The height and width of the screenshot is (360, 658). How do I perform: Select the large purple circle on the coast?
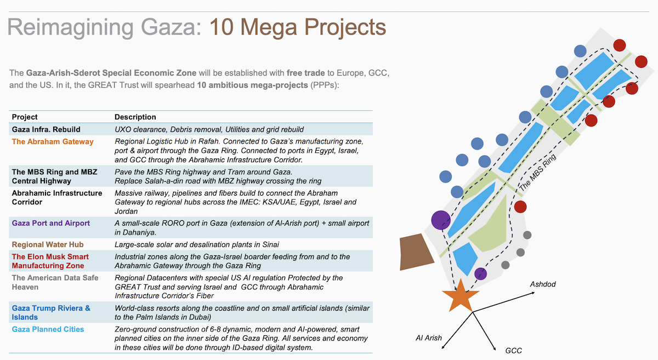pyautogui.click(x=440, y=220)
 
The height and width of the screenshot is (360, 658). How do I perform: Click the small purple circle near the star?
pyautogui.click(x=480, y=273)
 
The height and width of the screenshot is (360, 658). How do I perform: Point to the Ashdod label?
pyautogui.click(x=542, y=285)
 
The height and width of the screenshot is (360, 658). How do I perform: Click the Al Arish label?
pyautogui.click(x=428, y=338)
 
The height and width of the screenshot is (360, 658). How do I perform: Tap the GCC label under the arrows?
pyautogui.click(x=513, y=350)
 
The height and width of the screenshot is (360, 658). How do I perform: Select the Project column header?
pyautogui.click(x=25, y=117)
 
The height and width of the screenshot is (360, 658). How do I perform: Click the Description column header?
pyautogui.click(x=135, y=117)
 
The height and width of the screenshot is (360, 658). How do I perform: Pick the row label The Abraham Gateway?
pyautogui.click(x=53, y=141)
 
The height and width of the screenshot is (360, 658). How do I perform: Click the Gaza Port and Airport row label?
pyautogui.click(x=51, y=223)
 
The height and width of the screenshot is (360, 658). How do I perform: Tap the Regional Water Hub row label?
pyautogui.click(x=48, y=244)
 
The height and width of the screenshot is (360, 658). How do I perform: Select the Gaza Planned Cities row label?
pyautogui.click(x=48, y=329)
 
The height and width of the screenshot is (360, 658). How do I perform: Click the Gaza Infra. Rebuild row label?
pyautogui.click(x=46, y=129)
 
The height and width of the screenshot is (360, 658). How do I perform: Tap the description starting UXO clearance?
pyautogui.click(x=208, y=129)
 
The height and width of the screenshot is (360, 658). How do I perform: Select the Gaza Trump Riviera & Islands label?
pyautogui.click(x=51, y=312)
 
